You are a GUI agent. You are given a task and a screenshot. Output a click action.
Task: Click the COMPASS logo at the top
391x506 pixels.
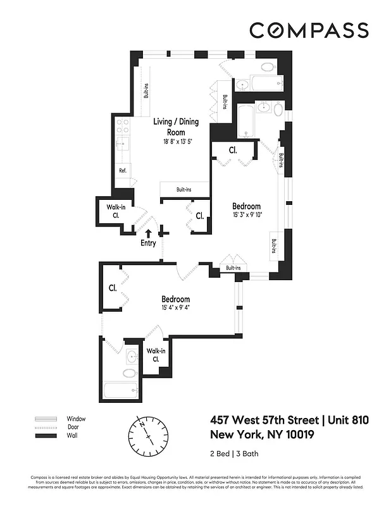point(309,30)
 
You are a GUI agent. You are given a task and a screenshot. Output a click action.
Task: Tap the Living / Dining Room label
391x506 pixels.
point(175,126)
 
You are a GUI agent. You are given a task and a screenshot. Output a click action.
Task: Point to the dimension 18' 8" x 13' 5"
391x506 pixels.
point(175,142)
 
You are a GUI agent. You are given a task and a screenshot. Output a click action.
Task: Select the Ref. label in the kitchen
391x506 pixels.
point(123,171)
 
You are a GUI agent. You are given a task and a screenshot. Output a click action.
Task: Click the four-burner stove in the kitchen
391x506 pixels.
point(123,126)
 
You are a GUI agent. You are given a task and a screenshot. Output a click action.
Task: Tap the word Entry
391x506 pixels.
point(148,243)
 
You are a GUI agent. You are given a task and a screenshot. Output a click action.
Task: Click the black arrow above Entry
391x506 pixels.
point(149,233)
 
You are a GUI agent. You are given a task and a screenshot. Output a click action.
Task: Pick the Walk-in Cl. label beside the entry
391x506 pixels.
point(116,211)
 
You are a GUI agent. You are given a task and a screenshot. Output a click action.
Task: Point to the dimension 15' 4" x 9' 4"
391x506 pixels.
point(175,308)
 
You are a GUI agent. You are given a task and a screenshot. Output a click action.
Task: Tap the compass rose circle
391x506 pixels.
point(147,436)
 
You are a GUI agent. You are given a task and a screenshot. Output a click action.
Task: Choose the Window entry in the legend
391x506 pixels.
point(76,419)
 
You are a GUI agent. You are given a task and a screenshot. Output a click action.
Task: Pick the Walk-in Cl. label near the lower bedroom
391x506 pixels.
point(155,355)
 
